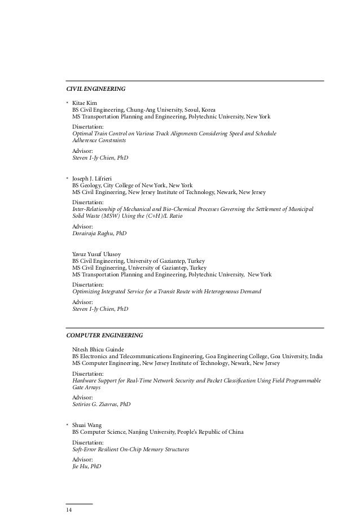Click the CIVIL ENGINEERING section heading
coord(96,89)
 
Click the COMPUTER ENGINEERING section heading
coord(104,335)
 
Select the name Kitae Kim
coord(85,103)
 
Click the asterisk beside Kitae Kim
coord(67,103)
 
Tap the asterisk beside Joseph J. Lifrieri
coord(67,178)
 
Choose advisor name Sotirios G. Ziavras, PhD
coord(102,404)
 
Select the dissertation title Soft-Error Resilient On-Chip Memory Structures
coord(131,450)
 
